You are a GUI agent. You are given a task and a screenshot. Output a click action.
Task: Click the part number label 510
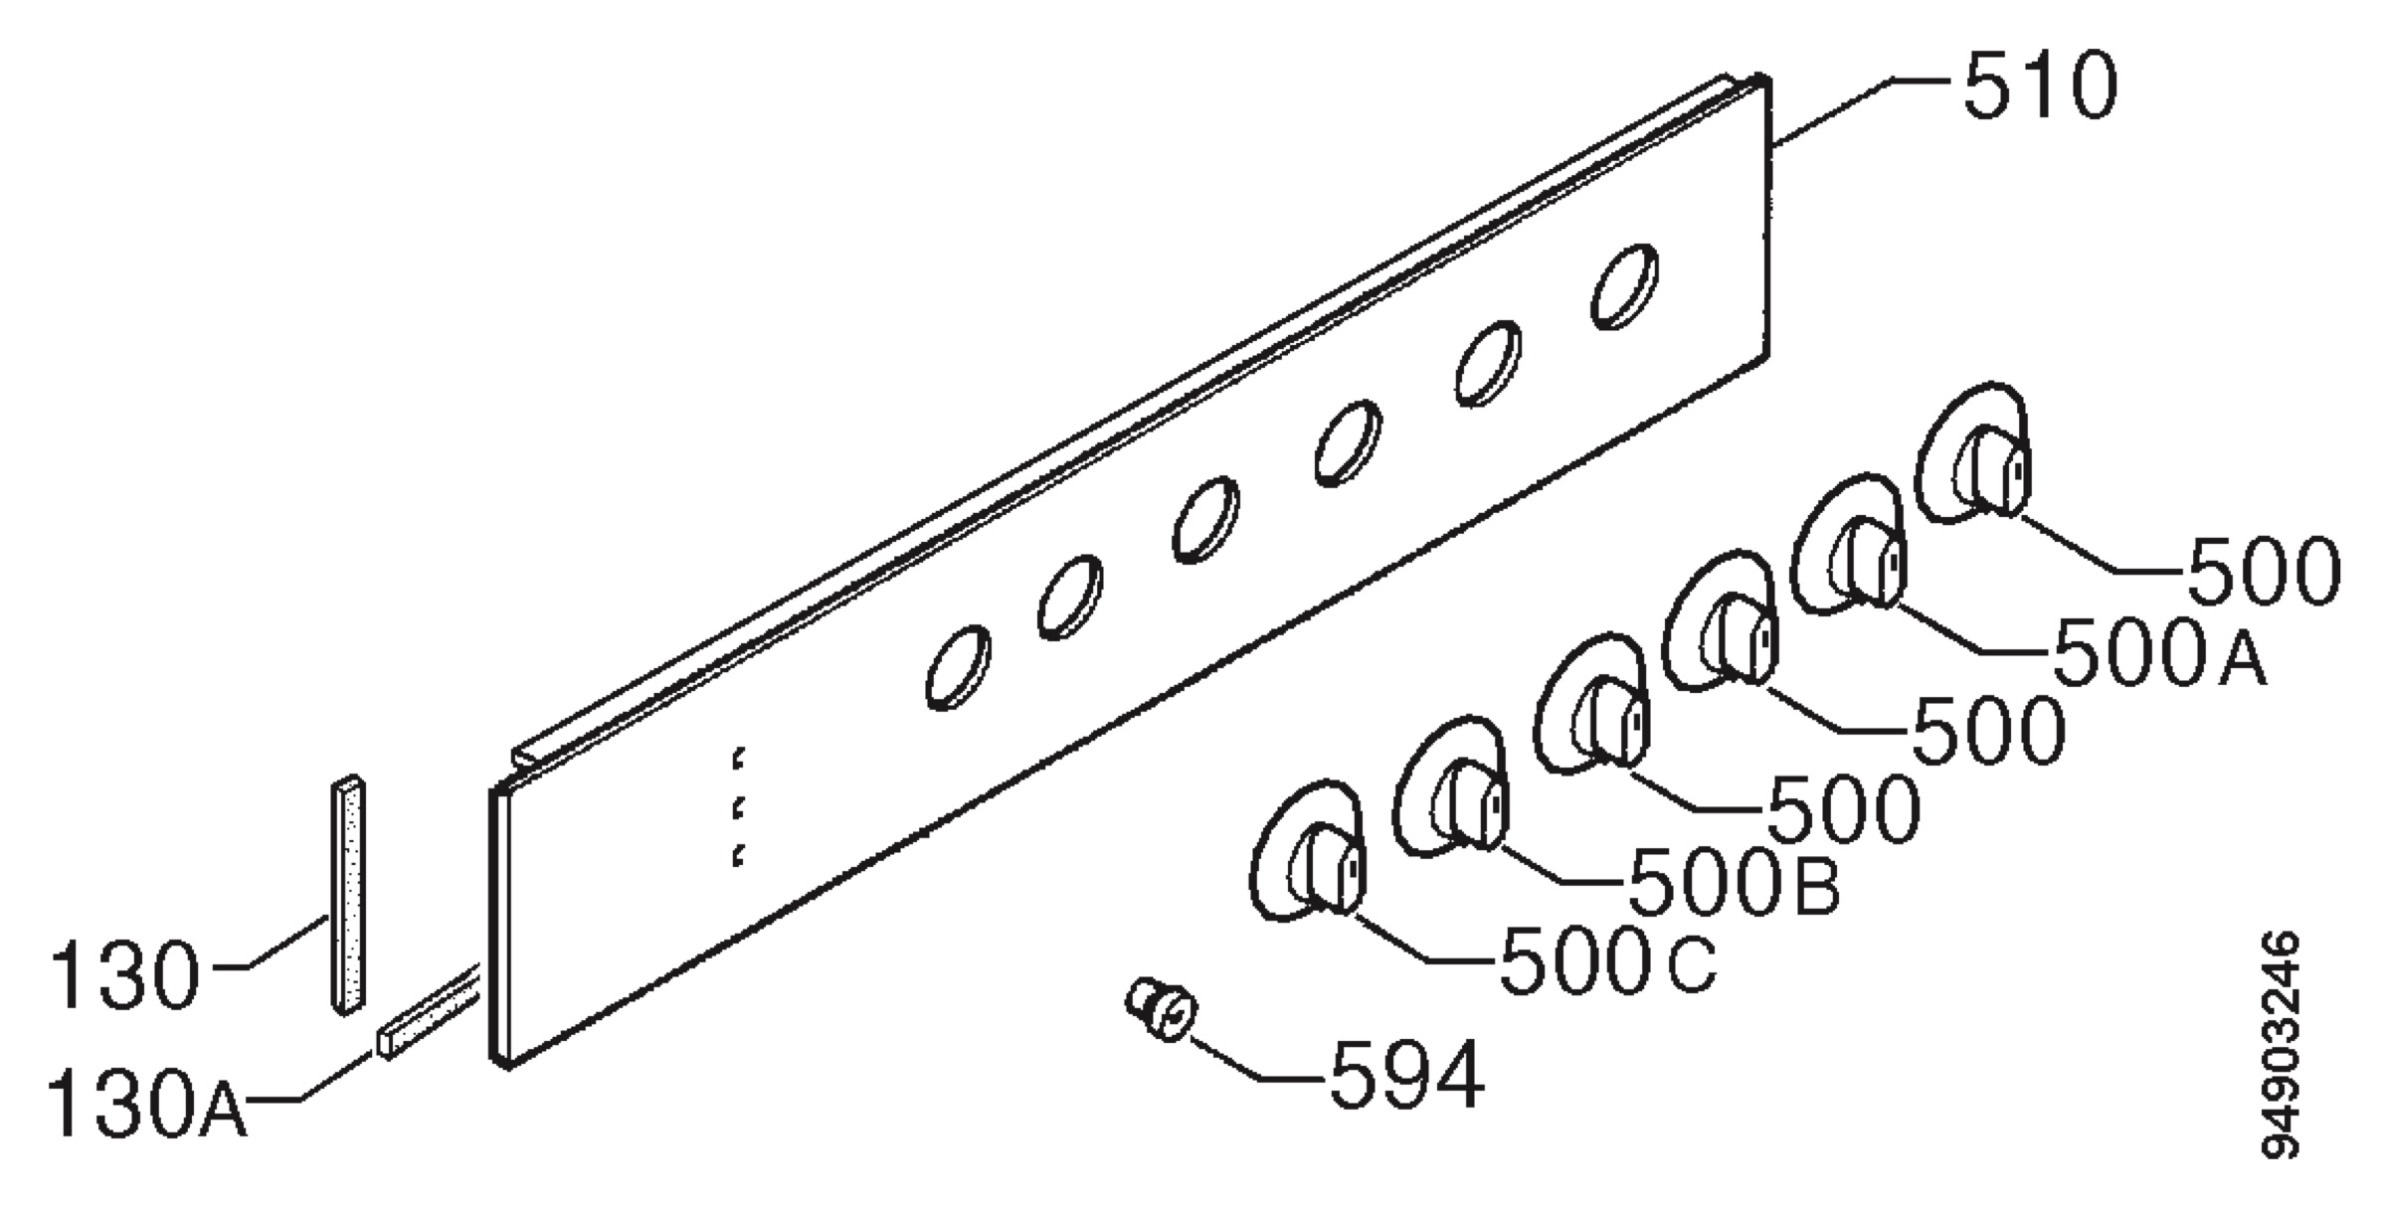point(2040,87)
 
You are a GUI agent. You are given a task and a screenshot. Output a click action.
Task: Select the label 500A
point(2159,652)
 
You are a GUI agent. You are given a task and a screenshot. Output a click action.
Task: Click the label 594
point(1406,1075)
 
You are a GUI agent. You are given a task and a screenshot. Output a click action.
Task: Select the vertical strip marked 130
point(347,894)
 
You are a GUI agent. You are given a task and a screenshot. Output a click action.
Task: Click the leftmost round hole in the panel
point(958,667)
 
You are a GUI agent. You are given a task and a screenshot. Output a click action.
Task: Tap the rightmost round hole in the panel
point(1624,285)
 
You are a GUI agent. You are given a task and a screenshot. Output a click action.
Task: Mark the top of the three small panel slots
point(738,758)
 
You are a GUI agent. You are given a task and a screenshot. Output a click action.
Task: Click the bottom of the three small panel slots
point(738,854)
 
